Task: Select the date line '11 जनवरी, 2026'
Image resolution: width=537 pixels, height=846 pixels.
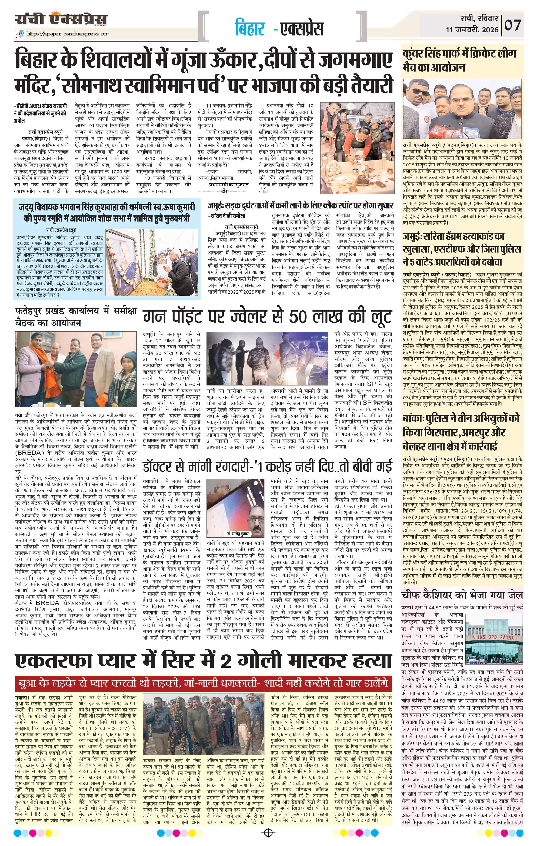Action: (x=472, y=30)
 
